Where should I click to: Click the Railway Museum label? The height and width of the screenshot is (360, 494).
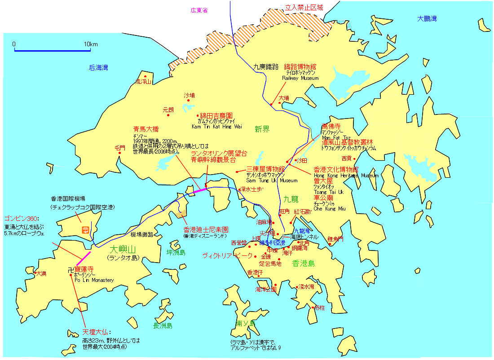pos(300,78)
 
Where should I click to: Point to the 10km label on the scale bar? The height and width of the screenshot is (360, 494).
pos(90,44)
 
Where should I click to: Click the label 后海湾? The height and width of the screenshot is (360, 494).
pos(98,68)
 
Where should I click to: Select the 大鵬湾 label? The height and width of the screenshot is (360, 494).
pos(427,19)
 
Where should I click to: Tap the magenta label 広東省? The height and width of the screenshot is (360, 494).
pos(199,10)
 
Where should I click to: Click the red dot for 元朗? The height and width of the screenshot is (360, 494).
pos(168,115)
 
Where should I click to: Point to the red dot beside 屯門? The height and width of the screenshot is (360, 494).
pos(120,153)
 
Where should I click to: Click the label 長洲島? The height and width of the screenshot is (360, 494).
pos(163,326)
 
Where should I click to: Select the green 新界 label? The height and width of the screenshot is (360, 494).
pos(262,130)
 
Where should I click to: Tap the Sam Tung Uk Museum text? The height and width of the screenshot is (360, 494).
pos(272,180)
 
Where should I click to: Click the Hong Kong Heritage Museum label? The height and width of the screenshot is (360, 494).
pos(346,176)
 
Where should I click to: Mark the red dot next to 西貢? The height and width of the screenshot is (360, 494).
pos(354,158)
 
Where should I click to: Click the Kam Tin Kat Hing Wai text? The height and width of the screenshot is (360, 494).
pos(217,127)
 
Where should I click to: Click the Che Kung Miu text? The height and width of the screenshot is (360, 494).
pos(330,208)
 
